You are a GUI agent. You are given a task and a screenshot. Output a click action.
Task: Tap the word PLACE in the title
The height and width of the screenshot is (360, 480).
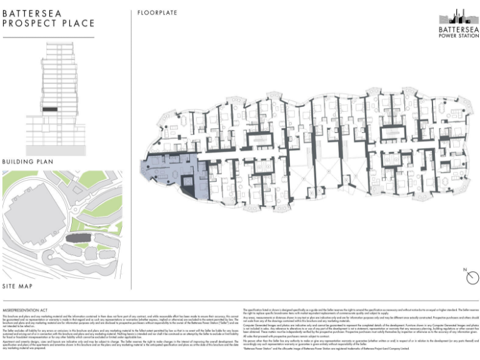click(x=76, y=24)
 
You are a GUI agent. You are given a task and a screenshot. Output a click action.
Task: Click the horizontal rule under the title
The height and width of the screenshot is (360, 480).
click(x=48, y=37)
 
